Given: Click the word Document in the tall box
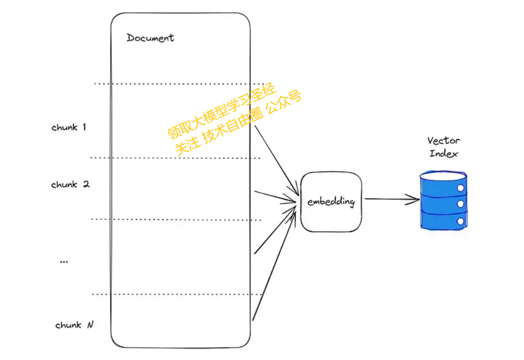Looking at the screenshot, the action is [150, 38].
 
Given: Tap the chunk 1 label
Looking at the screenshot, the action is [69, 127].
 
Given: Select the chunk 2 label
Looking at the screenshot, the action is [70, 184].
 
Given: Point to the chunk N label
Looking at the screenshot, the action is [74, 324].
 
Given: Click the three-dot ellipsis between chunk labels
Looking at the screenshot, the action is [64, 261].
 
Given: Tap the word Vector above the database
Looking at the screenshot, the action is [443, 140].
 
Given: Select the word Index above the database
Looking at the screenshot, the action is [443, 153].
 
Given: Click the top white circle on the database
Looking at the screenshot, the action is [460, 188].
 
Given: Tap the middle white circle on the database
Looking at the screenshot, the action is [460, 204].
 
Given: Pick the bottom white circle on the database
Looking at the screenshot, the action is [460, 221].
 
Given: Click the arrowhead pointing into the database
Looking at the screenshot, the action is [413, 199].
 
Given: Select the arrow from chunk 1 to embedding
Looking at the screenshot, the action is [276, 160].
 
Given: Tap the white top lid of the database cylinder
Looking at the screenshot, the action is [443, 175].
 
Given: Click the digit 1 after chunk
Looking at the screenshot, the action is [84, 126].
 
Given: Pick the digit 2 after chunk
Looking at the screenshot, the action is [86, 184].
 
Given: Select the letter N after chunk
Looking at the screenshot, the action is [90, 324].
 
